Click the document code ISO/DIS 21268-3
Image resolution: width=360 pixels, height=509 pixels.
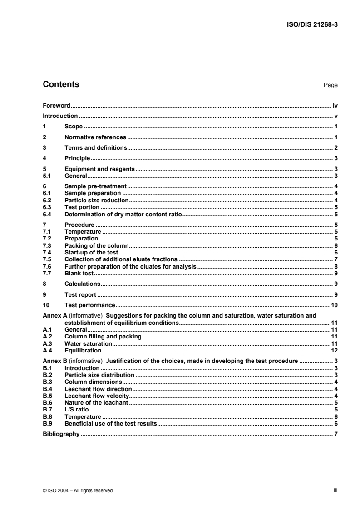[x=311, y=25]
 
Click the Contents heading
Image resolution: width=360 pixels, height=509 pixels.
[x=61, y=84]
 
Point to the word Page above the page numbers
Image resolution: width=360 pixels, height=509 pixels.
[x=330, y=85]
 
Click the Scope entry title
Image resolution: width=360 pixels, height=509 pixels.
[x=74, y=127]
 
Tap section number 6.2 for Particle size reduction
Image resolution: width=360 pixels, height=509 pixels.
[x=46, y=200]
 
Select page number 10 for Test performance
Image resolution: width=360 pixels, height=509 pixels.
[x=334, y=305]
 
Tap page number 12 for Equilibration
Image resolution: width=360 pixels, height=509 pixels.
[x=334, y=351]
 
